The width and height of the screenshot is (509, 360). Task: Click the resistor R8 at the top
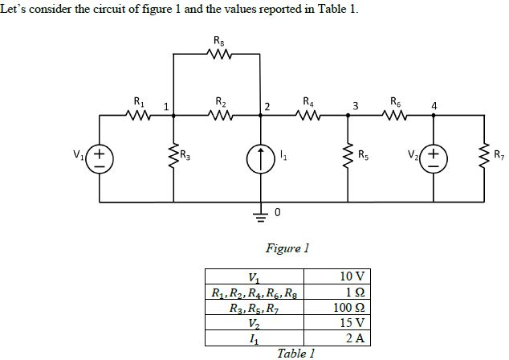[x=218, y=55]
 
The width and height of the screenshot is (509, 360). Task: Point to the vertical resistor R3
[x=174, y=156]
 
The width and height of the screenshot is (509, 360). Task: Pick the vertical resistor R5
[x=348, y=156]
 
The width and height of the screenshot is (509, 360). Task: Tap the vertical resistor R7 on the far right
[x=485, y=156]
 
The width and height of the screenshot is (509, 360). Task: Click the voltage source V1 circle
[x=100, y=156]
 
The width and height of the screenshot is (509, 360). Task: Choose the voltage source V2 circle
[x=434, y=156]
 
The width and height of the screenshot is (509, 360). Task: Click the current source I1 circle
[x=260, y=156]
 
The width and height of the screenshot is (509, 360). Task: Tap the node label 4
[x=434, y=105]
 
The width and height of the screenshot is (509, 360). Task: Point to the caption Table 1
[x=295, y=352]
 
